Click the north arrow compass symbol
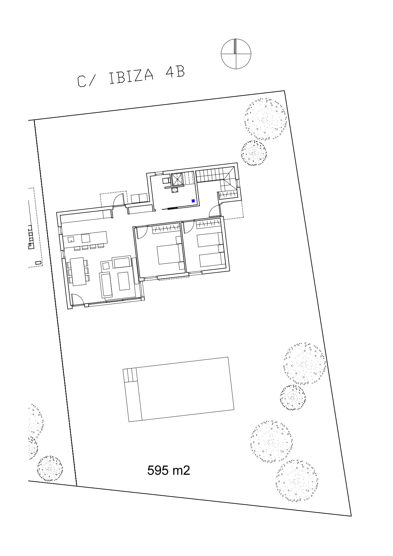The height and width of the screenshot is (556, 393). click(236, 54)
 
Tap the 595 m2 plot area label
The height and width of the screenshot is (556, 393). click(168, 470)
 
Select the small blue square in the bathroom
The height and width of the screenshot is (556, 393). click(193, 201)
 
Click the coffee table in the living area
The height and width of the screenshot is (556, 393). click(123, 281)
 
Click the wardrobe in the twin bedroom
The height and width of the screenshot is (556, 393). click(208, 224)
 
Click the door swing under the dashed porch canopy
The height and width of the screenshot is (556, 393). click(119, 200)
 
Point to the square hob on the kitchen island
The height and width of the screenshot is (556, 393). click(86, 238)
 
